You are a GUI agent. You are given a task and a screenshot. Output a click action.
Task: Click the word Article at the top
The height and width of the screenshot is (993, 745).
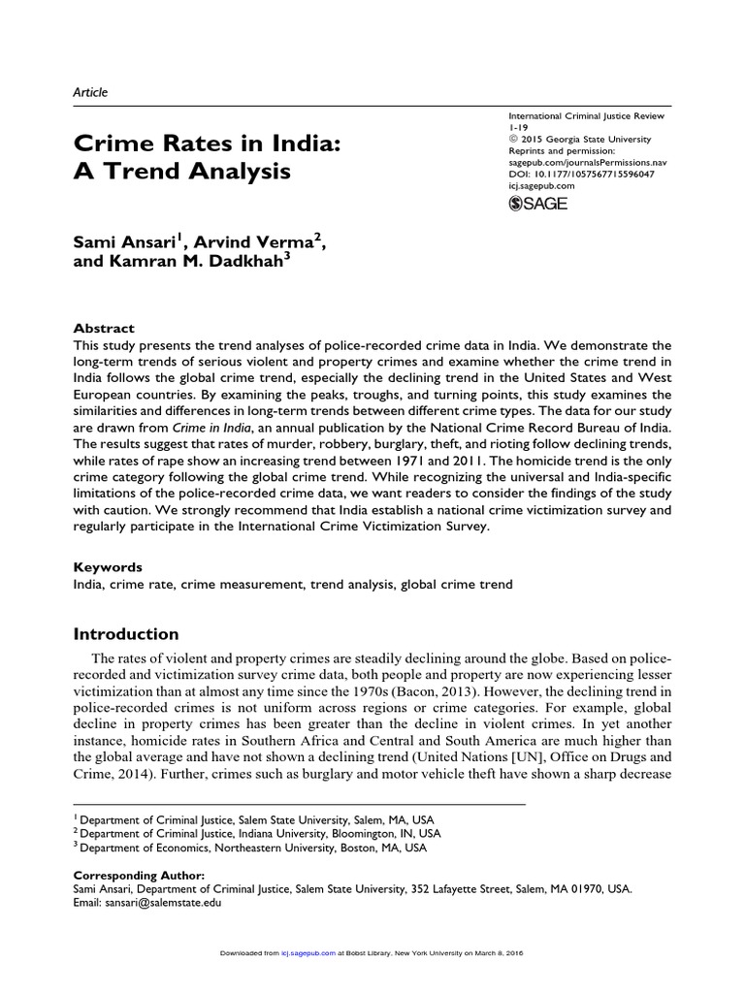pos(90,92)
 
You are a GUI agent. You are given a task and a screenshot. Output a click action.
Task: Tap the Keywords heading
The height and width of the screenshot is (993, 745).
pos(108,566)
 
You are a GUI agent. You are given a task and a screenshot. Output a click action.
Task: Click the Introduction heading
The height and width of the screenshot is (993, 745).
pos(126,634)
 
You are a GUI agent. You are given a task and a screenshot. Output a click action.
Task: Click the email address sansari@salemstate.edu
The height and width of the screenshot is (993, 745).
pos(167,902)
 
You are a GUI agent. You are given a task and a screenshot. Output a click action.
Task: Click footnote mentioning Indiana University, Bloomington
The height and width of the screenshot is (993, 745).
pos(260,832)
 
